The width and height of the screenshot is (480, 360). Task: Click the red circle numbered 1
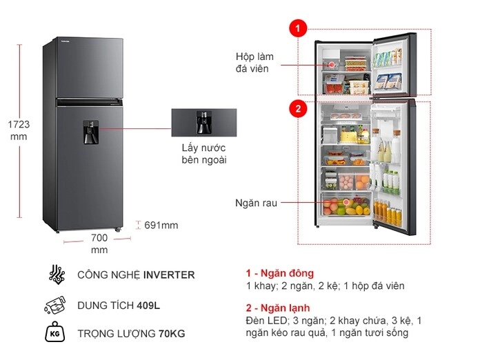[298, 28]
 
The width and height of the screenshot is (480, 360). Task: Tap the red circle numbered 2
[298, 108]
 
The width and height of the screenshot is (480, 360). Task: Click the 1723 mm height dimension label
[19, 130]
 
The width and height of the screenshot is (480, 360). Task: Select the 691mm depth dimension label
[161, 226]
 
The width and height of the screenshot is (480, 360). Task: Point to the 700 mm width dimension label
[99, 243]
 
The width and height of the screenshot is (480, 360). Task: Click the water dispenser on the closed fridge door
[91, 132]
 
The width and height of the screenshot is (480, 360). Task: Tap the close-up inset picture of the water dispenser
[204, 123]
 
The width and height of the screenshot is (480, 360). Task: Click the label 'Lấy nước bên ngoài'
[204, 154]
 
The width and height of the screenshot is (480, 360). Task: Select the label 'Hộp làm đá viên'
[254, 63]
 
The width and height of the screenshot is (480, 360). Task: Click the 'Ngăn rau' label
[256, 203]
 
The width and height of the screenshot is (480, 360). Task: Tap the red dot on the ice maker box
[332, 65]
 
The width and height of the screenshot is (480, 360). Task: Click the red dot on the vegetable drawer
[346, 202]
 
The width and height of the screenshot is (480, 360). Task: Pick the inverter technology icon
[57, 274]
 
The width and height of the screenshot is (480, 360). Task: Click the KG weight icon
[54, 332]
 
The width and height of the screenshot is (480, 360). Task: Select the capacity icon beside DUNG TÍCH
[55, 305]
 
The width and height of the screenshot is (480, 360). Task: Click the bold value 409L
[148, 306]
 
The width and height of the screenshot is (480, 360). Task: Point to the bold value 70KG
[172, 333]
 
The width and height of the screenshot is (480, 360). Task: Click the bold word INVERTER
[169, 274]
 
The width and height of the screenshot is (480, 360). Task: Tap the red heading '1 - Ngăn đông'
[280, 273]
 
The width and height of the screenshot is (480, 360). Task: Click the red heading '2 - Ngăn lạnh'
[278, 308]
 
